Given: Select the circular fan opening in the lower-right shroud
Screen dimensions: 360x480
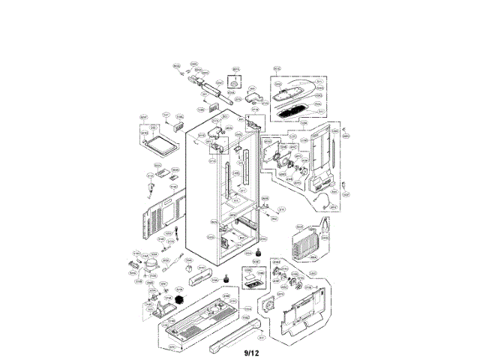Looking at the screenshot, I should [271, 309].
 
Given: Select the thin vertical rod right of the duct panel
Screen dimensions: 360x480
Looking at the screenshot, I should [344, 161].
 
